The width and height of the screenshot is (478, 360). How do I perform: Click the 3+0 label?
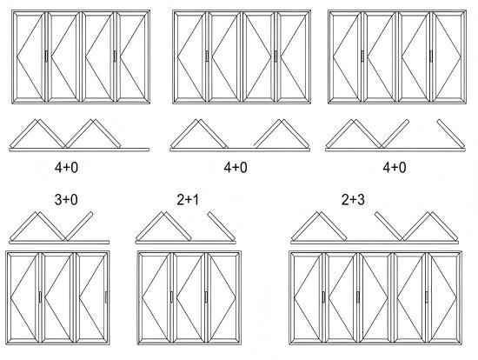click(x=66, y=200)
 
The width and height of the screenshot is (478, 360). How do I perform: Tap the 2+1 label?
click(x=188, y=200)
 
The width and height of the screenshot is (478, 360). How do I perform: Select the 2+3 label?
click(x=353, y=200)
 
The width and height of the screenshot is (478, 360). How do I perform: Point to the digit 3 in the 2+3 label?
click(x=361, y=200)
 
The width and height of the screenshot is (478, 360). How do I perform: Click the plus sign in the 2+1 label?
click(x=188, y=200)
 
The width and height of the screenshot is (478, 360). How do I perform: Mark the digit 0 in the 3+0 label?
click(x=74, y=200)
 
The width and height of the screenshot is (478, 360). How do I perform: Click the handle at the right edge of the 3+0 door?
click(x=106, y=297)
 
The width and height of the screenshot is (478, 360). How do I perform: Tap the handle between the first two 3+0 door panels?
click(x=40, y=297)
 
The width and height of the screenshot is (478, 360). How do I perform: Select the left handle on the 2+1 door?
click(x=171, y=297)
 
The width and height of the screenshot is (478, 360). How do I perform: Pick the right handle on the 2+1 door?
click(x=206, y=297)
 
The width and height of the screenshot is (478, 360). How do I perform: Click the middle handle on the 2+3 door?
click(x=358, y=297)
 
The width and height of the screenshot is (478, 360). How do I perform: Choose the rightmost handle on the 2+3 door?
click(x=427, y=297)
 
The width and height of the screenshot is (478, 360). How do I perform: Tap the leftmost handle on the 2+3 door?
click(x=324, y=297)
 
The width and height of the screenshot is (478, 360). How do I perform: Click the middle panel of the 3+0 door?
click(x=57, y=297)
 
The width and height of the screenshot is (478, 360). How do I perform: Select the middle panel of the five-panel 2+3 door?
click(x=375, y=297)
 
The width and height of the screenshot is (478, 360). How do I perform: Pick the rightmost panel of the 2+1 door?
click(x=223, y=297)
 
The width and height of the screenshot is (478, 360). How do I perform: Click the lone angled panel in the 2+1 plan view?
click(x=222, y=226)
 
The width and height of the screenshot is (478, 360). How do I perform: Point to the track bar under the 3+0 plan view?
click(x=59, y=243)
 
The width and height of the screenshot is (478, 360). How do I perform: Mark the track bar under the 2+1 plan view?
click(x=185, y=243)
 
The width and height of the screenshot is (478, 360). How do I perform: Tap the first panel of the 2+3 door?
click(x=308, y=297)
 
